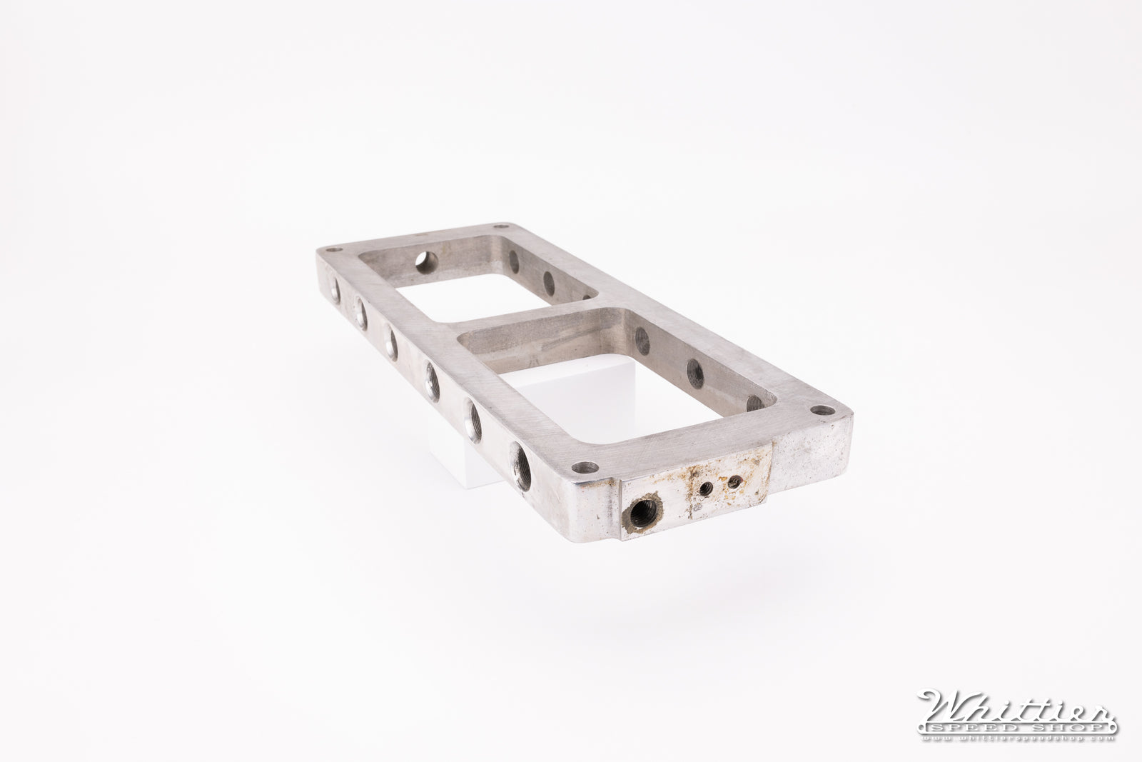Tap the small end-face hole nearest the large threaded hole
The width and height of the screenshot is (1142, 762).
point(705,489)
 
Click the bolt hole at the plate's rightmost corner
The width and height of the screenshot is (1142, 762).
point(822,411)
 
